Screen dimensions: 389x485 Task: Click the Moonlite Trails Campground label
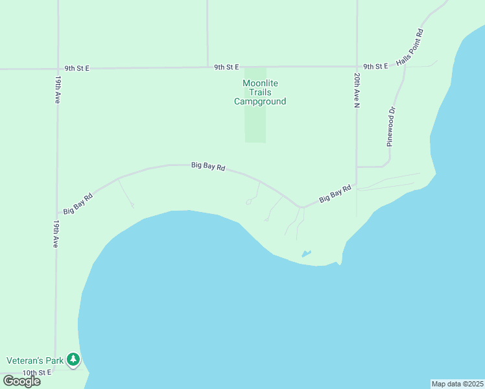point(259,92)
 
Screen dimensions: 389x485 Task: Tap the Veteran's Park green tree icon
point(74,359)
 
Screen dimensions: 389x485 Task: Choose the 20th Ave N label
point(357,90)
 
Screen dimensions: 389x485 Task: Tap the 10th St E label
point(37,373)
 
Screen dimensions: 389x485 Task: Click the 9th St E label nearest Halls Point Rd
point(375,66)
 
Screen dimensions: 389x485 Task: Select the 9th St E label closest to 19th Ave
point(77,67)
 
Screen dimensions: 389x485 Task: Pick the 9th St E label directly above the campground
point(228,67)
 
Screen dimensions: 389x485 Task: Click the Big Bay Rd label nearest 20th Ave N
point(335,193)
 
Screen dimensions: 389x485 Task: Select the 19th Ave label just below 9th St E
point(58,90)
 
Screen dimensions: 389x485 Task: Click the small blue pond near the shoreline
point(306,253)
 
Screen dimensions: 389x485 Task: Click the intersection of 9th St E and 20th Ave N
point(357,66)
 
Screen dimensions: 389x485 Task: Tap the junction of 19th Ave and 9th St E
point(58,68)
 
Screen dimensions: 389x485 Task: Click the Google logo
point(21,381)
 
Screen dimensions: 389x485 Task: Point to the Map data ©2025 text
point(457,384)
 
